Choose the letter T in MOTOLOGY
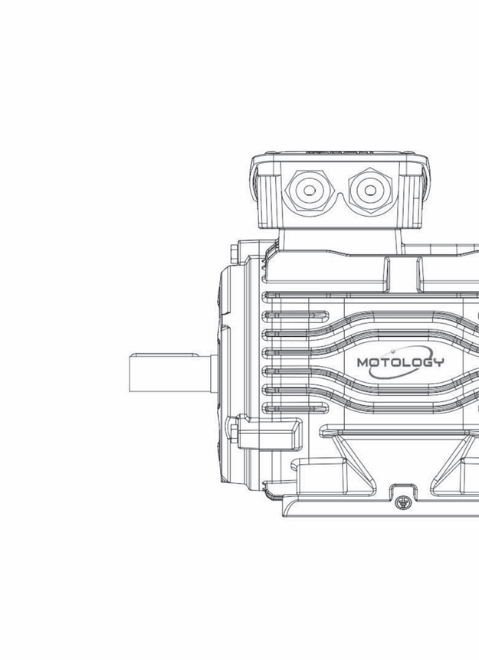click(382, 362)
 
